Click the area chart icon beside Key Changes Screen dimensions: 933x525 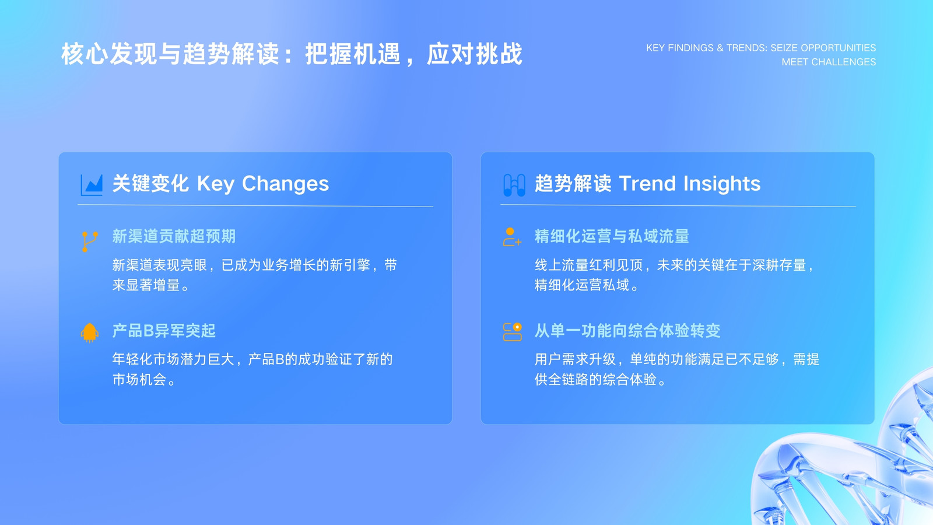(x=92, y=184)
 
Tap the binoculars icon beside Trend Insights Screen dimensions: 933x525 (x=514, y=184)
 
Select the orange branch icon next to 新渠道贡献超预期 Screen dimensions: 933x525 (x=90, y=242)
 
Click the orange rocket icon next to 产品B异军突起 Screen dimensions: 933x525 (x=90, y=332)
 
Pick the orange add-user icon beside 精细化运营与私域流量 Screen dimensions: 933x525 (x=512, y=237)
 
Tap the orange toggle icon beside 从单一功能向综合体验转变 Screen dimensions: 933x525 (x=513, y=332)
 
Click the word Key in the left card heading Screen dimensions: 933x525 (x=216, y=184)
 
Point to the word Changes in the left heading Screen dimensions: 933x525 (x=285, y=184)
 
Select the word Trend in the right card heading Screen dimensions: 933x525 (x=647, y=183)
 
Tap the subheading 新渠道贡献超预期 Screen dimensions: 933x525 (x=174, y=236)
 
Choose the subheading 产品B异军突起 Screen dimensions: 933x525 (x=164, y=331)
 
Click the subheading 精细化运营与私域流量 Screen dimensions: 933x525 (x=612, y=236)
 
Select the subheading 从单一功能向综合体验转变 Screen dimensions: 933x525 (x=627, y=331)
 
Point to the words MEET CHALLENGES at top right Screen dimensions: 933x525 (x=829, y=62)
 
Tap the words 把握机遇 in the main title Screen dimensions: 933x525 (x=353, y=54)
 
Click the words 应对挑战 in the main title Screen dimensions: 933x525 (x=475, y=54)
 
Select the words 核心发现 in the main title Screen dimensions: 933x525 (x=110, y=54)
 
